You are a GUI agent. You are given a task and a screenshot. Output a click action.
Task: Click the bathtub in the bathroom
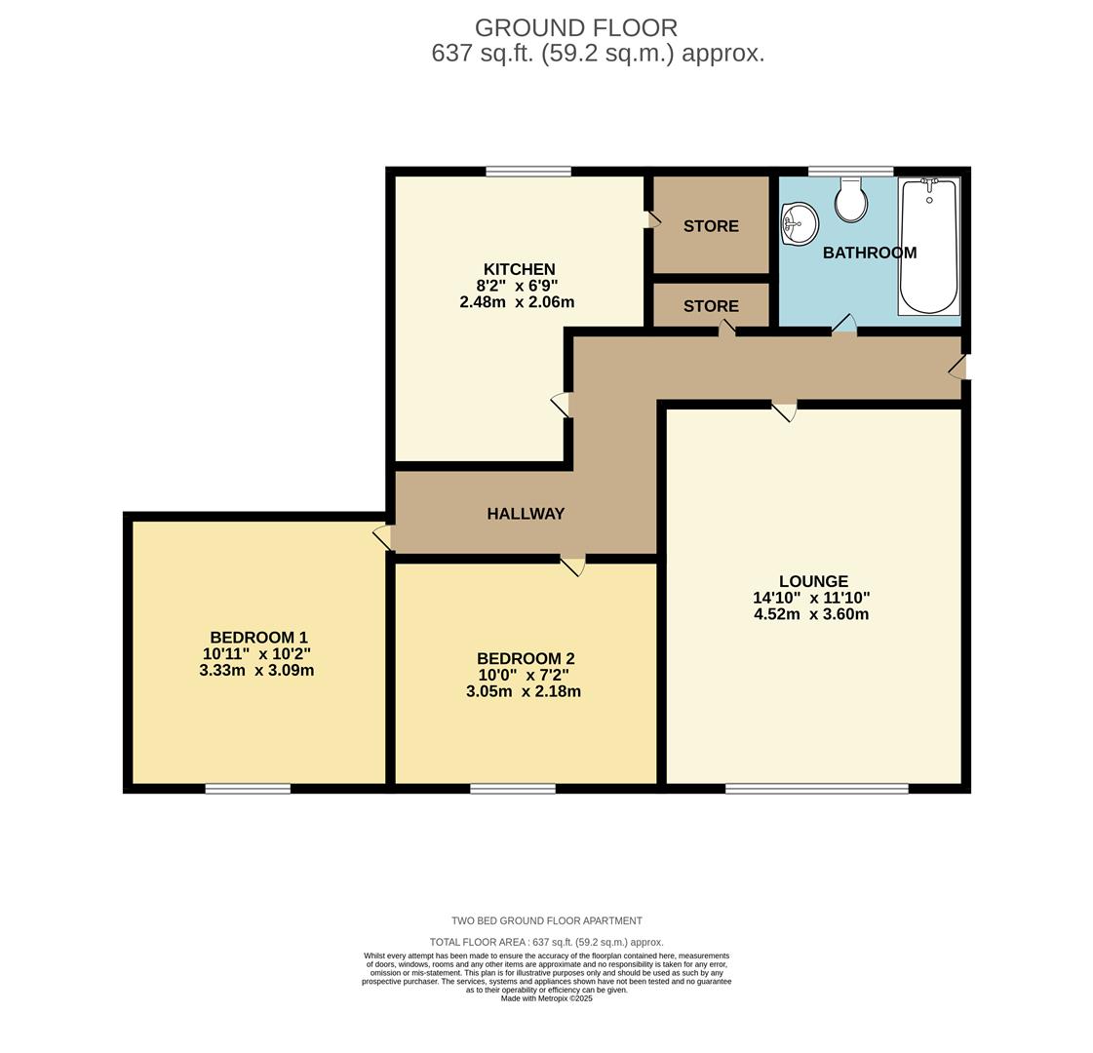click(x=929, y=246)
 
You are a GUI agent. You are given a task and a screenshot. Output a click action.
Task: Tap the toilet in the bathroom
click(x=851, y=201)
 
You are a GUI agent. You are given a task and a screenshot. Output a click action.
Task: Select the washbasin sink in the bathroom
click(x=800, y=224)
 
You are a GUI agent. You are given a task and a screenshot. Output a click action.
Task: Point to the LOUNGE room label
click(x=813, y=581)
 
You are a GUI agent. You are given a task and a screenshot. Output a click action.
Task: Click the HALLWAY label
click(x=526, y=514)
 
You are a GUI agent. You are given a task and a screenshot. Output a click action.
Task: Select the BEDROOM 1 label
click(x=258, y=638)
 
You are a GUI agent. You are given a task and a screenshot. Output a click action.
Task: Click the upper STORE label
click(x=711, y=226)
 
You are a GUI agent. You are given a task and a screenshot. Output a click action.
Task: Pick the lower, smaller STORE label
click(x=711, y=306)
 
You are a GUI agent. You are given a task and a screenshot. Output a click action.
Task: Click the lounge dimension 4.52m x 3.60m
click(x=811, y=614)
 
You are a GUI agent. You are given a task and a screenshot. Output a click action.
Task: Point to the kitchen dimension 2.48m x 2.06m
click(x=517, y=302)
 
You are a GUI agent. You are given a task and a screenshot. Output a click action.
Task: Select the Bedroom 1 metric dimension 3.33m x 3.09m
click(x=256, y=671)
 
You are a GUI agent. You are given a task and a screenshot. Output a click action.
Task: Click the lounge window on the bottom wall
click(x=816, y=788)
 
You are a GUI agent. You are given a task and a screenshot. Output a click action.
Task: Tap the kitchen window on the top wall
click(x=528, y=172)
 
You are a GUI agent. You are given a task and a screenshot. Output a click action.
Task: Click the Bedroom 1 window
click(x=248, y=788)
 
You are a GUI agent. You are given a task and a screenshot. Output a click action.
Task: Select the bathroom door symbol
click(x=843, y=325)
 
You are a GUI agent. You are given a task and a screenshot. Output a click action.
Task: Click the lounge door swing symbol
click(x=784, y=410)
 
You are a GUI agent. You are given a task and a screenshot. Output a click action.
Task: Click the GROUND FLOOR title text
click(x=575, y=28)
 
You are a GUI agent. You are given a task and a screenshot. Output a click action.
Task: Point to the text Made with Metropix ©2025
click(x=546, y=998)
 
